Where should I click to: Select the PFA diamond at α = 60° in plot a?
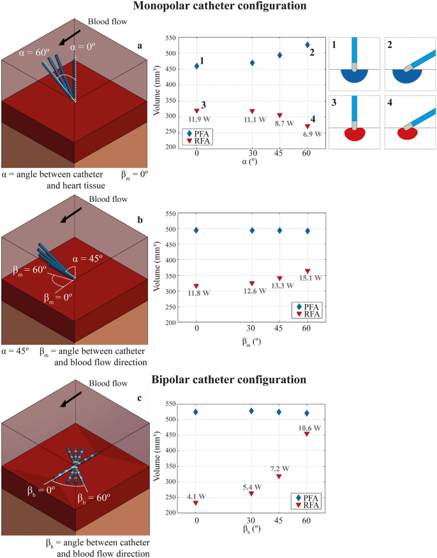point(307,45)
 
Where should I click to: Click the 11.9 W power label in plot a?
point(197,119)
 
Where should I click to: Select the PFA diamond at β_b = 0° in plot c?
point(196,412)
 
